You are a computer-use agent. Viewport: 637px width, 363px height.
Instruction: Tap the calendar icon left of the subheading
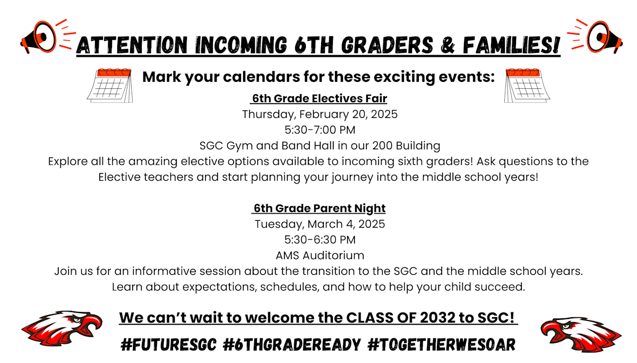[x=110, y=85]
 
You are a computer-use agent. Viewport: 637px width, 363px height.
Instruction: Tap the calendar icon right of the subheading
[x=527, y=85]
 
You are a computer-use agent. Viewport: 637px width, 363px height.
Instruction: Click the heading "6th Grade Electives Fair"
[x=319, y=98]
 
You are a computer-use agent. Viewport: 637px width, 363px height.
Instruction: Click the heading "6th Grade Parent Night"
[x=319, y=208]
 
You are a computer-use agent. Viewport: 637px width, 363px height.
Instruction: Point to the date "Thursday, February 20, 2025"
[x=320, y=114]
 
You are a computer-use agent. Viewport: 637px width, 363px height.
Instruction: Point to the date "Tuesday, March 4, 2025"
[x=320, y=224]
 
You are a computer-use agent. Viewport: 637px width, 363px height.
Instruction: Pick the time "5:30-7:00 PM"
[x=320, y=130]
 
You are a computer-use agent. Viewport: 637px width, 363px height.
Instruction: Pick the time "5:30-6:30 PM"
[x=320, y=240]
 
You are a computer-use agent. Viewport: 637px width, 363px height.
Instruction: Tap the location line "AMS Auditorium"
[x=320, y=255]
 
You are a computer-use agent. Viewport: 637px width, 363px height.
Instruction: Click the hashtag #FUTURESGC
[x=168, y=345]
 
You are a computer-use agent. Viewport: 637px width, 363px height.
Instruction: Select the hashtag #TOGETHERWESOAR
[x=441, y=345]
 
